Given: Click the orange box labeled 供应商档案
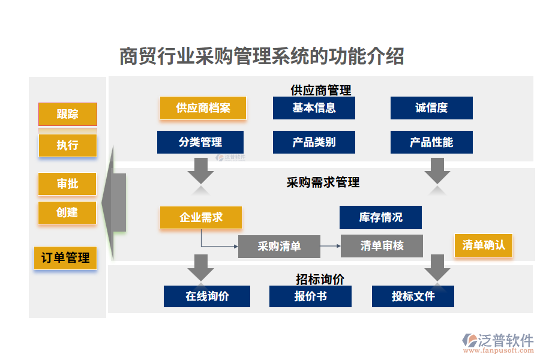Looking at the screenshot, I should [x=203, y=108].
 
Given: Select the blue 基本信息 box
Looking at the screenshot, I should [x=314, y=108].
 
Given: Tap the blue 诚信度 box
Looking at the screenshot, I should [x=431, y=108].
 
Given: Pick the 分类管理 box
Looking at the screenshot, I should [x=200, y=142].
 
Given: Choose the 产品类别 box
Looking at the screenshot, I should [x=314, y=142].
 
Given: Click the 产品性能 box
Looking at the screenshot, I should [x=431, y=142].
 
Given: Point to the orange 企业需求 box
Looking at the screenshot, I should [x=201, y=217].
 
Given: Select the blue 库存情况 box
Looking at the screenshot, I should [x=380, y=217].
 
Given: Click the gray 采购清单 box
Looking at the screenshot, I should [x=279, y=246].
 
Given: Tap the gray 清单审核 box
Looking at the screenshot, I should [x=382, y=246].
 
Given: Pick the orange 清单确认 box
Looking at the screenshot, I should [x=484, y=245].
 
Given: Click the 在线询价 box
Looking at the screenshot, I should [x=207, y=296].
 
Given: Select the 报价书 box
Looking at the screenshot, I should [x=310, y=296].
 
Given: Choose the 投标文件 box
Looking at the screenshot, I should [x=413, y=296].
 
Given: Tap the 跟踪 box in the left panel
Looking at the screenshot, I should [x=68, y=114].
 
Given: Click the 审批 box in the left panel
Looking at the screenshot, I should [x=67, y=184].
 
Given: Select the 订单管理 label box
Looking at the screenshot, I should [x=65, y=258].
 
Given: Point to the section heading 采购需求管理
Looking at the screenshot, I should [x=323, y=182].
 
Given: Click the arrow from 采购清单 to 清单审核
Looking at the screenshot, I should [x=330, y=246].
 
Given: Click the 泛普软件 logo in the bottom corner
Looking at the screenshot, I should [x=497, y=341].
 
